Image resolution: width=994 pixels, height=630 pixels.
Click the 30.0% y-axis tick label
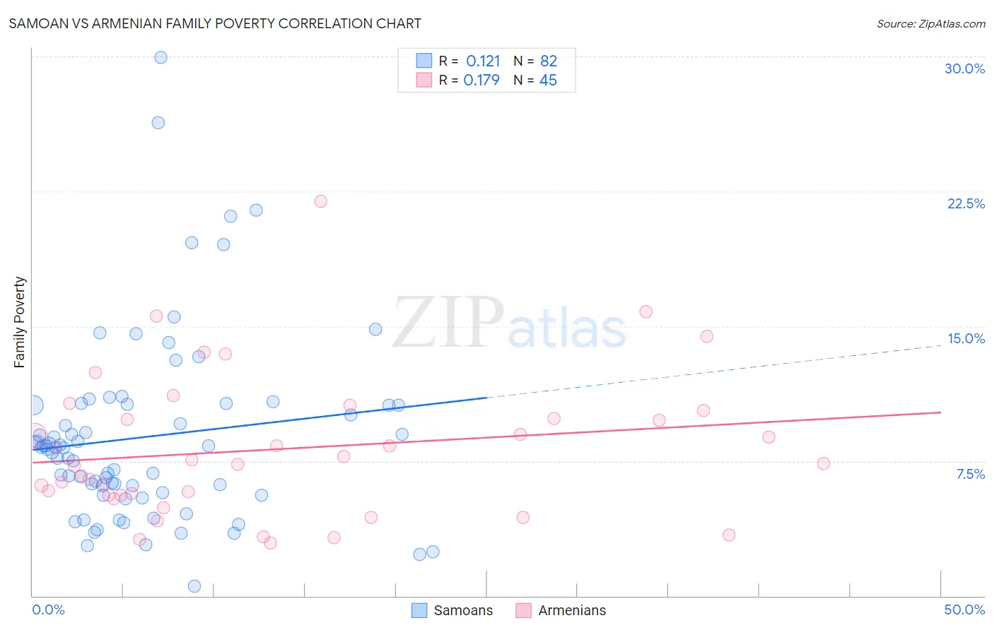pos(964,69)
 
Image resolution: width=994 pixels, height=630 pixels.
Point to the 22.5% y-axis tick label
pos(966,203)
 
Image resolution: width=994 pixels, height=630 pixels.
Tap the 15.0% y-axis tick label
pos(966,338)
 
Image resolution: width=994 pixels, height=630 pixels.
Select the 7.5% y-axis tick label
pos(970,474)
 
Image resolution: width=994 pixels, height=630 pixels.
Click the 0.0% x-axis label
pos(48,610)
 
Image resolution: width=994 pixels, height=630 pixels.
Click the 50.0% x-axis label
pos(964,610)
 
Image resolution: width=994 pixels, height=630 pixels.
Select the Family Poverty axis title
pos(20,322)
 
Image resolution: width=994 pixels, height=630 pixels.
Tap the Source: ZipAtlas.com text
pos(930,23)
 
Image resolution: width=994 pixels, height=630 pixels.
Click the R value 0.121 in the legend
pos(483,61)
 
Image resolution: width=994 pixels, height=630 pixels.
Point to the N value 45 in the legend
pos(548,80)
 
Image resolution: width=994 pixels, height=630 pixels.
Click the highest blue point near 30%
pos(160,57)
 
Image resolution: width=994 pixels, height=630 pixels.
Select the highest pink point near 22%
pos(320,201)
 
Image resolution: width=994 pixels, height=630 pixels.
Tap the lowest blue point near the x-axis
pos(194,586)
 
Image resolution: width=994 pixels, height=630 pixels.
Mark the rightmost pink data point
pos(823,463)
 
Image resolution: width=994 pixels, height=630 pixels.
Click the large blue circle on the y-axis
pos(33,405)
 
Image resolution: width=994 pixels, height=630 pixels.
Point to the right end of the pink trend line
pos(940,412)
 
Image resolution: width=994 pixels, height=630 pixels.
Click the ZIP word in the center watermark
pos(448,323)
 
